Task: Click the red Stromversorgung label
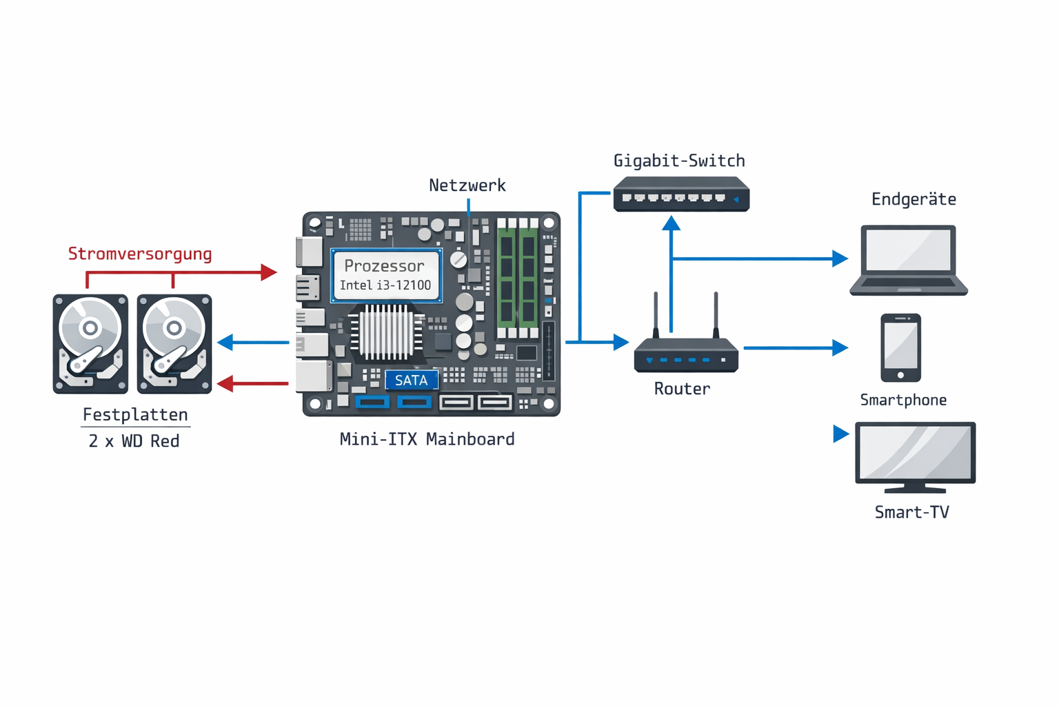(x=140, y=254)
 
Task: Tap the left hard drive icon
(x=90, y=343)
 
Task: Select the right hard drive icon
(x=174, y=343)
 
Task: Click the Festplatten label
(x=135, y=414)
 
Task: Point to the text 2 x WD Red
(x=134, y=441)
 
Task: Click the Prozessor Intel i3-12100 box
(x=385, y=275)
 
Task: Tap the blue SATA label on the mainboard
(x=411, y=380)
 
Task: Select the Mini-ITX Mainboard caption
(x=427, y=439)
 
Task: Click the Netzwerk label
(x=467, y=185)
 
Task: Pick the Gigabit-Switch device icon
(x=681, y=194)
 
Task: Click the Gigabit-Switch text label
(x=679, y=161)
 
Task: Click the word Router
(x=682, y=389)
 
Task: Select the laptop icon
(x=909, y=260)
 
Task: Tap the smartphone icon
(x=900, y=347)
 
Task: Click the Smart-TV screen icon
(x=915, y=456)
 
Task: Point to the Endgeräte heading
(x=914, y=199)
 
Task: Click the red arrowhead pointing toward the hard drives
(x=225, y=383)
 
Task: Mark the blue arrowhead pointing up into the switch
(x=671, y=223)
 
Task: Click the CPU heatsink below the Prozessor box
(x=386, y=333)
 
